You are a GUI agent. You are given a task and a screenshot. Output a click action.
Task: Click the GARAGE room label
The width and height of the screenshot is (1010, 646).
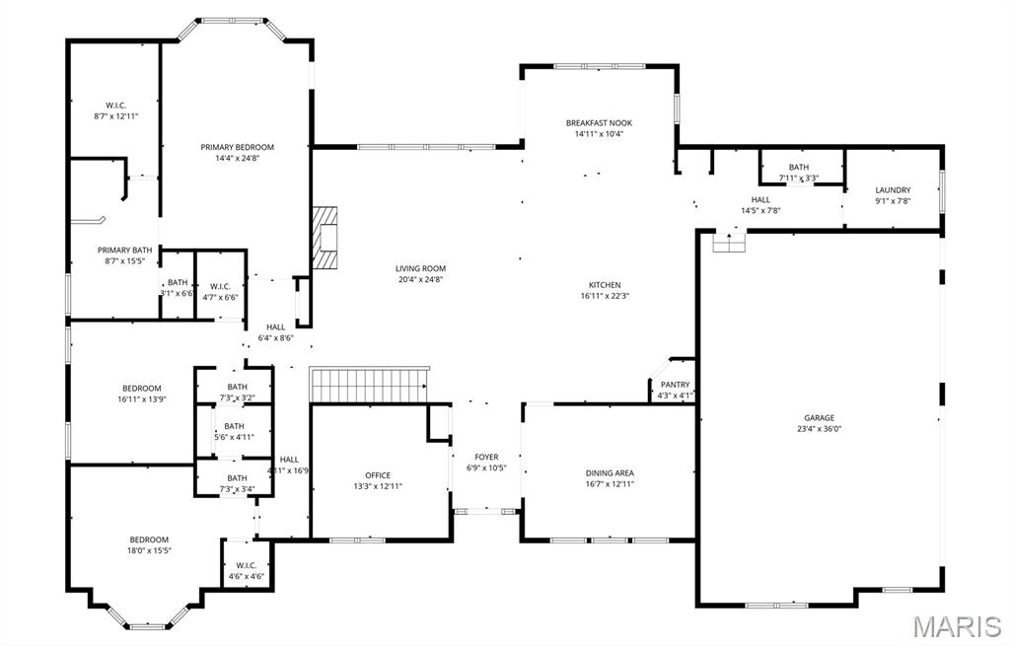(819, 417)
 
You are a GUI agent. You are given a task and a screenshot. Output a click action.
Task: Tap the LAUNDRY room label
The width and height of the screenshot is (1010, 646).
(893, 190)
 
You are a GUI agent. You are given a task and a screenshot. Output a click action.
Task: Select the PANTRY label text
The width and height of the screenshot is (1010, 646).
(676, 385)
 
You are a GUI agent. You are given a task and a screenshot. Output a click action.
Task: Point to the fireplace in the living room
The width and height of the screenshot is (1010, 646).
(325, 238)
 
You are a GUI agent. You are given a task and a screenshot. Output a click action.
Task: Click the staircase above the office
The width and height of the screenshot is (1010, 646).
(370, 384)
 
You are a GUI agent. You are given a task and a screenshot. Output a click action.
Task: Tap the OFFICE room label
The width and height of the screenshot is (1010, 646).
(378, 475)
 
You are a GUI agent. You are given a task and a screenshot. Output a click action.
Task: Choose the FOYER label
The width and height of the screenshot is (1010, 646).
(486, 457)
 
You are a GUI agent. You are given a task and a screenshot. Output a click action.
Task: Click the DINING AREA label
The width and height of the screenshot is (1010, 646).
(610, 473)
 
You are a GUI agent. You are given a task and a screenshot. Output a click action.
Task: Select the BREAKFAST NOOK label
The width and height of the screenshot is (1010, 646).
(599, 123)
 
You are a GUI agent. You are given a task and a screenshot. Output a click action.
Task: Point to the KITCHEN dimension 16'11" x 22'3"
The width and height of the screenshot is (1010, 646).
(604, 296)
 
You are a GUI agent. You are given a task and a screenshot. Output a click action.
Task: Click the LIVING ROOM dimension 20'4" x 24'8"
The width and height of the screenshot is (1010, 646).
(421, 279)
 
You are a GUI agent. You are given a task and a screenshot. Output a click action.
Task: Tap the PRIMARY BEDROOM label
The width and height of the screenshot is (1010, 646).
(237, 147)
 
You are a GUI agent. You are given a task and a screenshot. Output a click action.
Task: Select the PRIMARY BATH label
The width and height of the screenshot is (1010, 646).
(124, 251)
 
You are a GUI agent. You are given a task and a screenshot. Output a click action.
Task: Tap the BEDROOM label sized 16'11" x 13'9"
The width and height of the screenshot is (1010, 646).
(141, 389)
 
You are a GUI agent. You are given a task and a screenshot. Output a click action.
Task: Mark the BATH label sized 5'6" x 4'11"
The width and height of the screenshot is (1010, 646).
(234, 426)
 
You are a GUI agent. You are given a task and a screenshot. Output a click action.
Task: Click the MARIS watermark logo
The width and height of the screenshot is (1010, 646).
(957, 626)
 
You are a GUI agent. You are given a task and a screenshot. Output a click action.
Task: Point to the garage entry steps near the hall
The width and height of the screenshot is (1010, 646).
(729, 242)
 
